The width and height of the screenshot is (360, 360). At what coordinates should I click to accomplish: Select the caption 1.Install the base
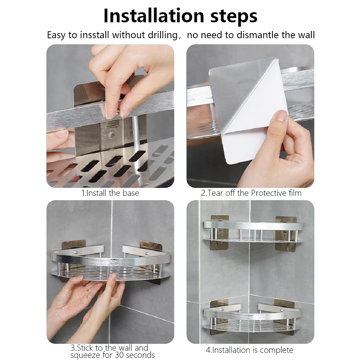click(110, 193)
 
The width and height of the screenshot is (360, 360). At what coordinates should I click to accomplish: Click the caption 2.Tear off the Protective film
click(251, 193)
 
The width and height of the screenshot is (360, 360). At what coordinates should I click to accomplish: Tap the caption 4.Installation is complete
click(249, 350)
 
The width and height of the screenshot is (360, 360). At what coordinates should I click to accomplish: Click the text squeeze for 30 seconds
click(113, 355)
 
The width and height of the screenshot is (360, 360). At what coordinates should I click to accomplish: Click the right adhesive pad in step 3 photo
click(151, 246)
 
